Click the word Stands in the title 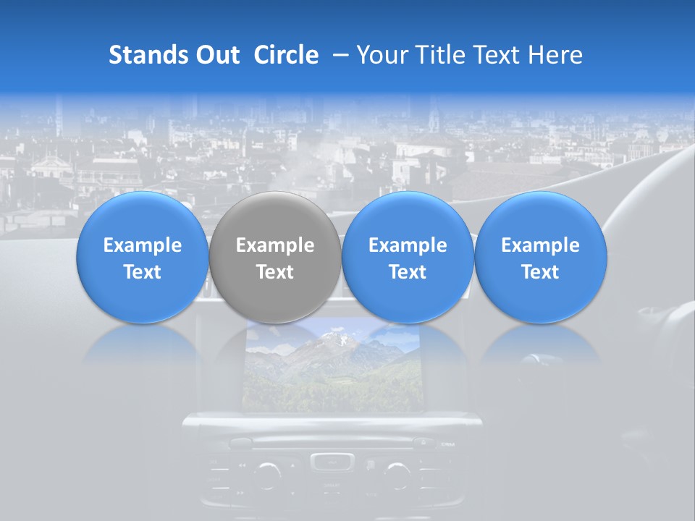(x=147, y=55)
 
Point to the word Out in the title (x=216, y=55)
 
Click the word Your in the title (x=381, y=55)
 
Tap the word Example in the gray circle (x=275, y=246)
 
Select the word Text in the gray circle (x=275, y=272)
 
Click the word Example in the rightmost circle (x=541, y=246)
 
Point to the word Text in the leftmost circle (x=143, y=272)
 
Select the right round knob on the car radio (x=397, y=475)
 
